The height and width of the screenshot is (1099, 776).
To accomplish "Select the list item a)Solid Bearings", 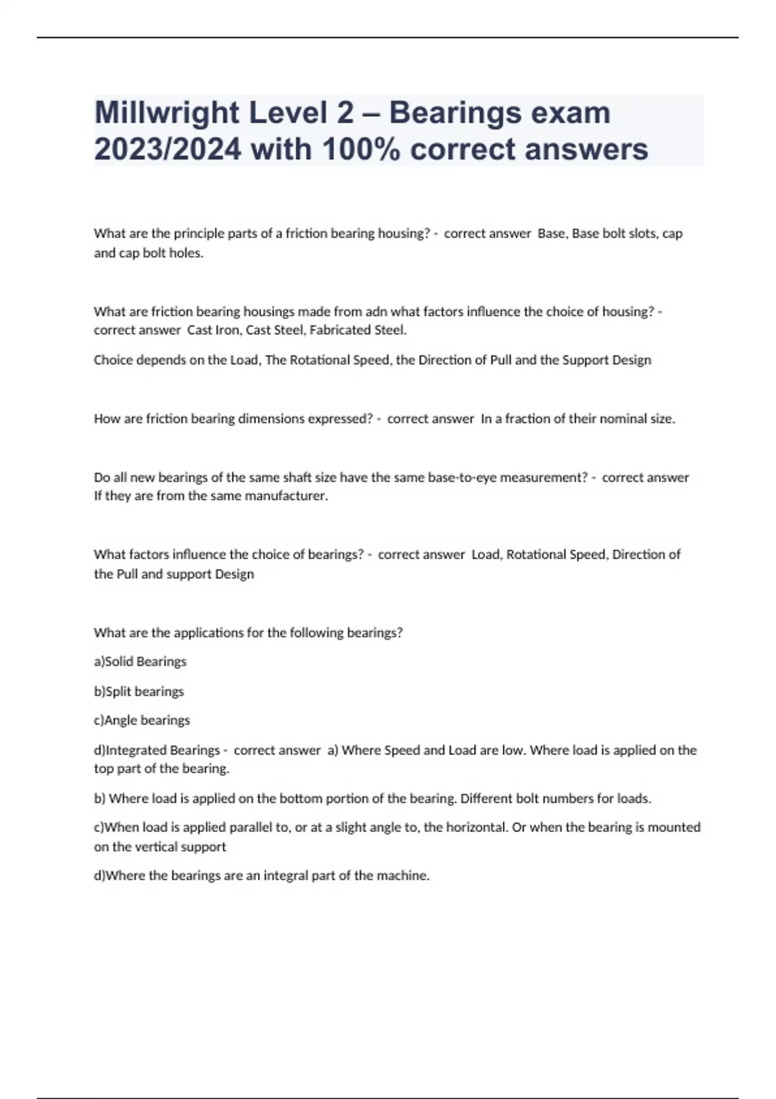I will pos(140,662).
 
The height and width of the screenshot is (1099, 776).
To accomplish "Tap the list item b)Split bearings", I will pos(139,692).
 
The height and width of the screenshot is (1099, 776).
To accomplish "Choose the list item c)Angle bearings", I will pos(142,720).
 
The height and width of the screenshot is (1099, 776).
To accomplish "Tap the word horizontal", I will pos(477,827).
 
